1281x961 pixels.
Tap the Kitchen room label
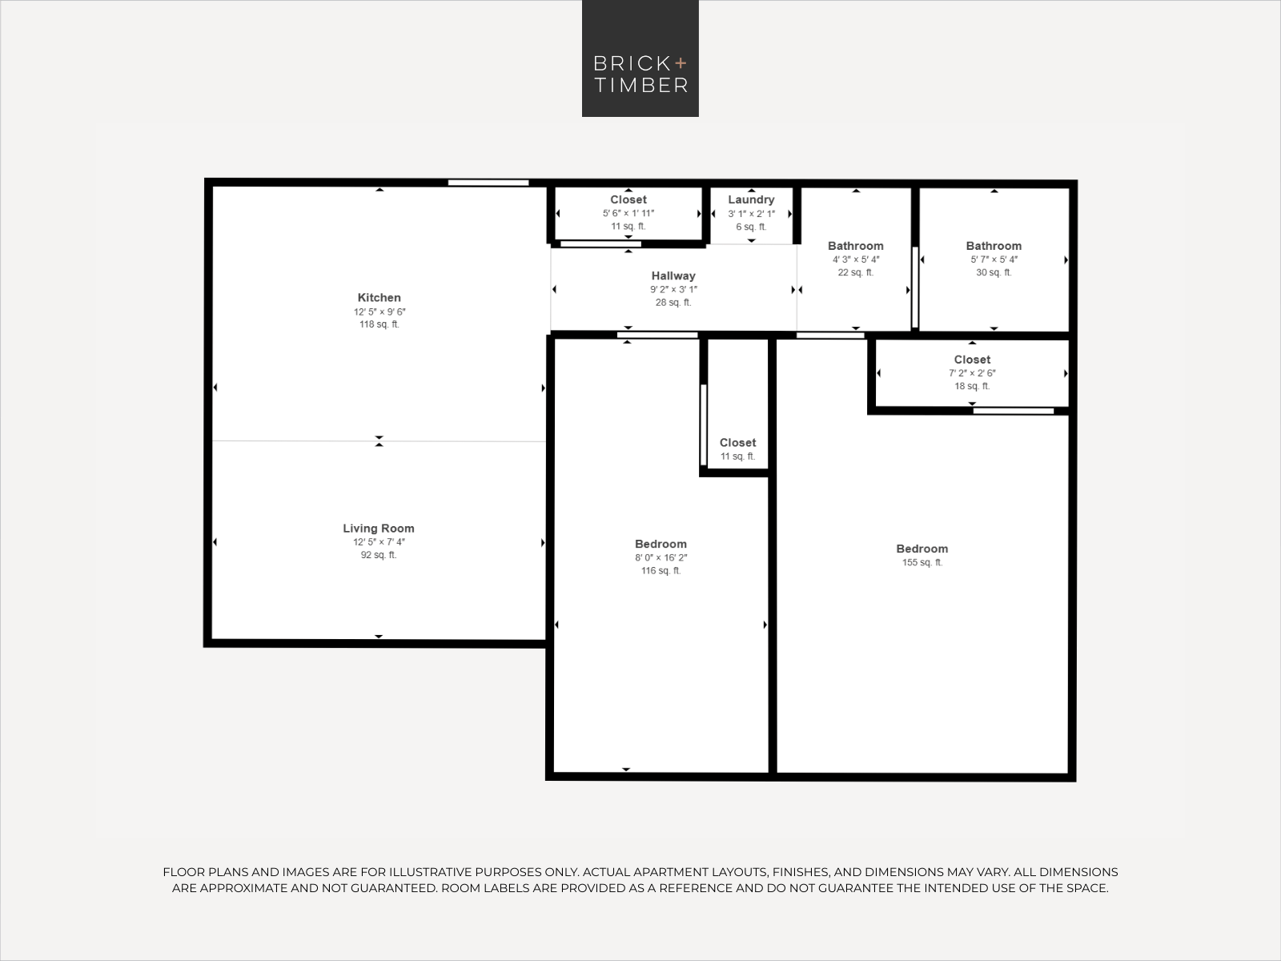pyautogui.click(x=379, y=298)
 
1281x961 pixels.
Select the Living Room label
pyautogui.click(x=379, y=529)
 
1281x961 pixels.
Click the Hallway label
pyautogui.click(x=673, y=276)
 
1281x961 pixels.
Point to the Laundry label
pyautogui.click(x=751, y=200)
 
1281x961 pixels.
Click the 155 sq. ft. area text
pyautogui.click(x=922, y=563)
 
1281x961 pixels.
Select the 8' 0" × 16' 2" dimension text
pyautogui.click(x=661, y=558)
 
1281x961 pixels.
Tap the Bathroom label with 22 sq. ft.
pyautogui.click(x=855, y=247)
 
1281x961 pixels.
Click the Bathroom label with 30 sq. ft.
pyautogui.click(x=994, y=247)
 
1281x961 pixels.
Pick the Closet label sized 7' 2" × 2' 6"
pyautogui.click(x=972, y=360)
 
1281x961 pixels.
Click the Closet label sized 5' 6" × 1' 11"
pyautogui.click(x=628, y=200)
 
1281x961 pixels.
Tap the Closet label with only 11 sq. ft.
pyautogui.click(x=737, y=443)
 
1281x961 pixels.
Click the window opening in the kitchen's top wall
pyautogui.click(x=488, y=183)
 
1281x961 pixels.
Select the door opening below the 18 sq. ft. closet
pyautogui.click(x=1013, y=411)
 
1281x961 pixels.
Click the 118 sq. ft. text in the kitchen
pyautogui.click(x=379, y=325)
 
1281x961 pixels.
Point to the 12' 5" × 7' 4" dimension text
pyautogui.click(x=379, y=542)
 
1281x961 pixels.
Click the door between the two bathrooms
pyautogui.click(x=915, y=287)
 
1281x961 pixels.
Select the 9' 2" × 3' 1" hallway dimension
pyautogui.click(x=673, y=290)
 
